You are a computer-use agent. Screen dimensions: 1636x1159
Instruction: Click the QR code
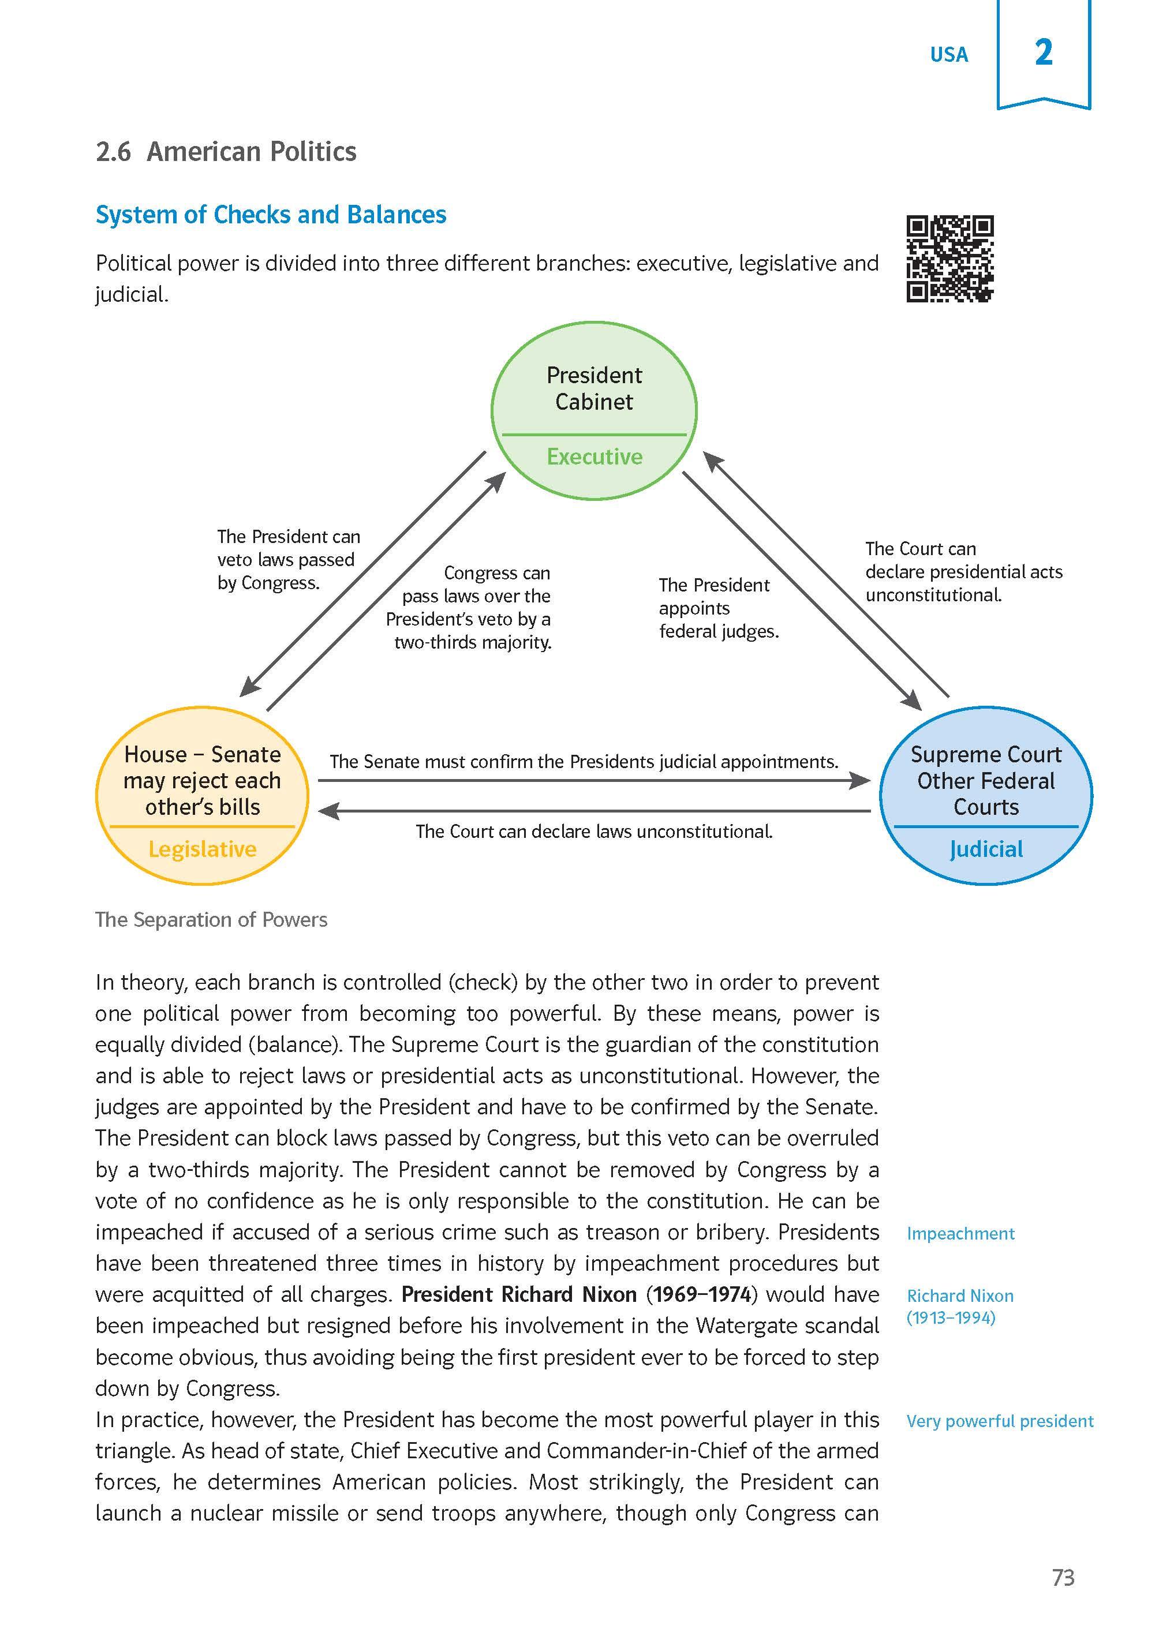pos(950,259)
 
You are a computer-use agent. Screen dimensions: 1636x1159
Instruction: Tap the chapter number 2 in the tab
pos(1044,53)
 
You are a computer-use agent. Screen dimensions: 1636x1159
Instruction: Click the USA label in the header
pos(948,55)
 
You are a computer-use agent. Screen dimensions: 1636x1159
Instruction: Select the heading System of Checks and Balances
pos(271,215)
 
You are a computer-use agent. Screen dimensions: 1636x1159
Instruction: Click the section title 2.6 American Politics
pos(226,151)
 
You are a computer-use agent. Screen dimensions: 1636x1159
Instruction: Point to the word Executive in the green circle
pos(595,456)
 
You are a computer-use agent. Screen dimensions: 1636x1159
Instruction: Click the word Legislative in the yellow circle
pos(202,849)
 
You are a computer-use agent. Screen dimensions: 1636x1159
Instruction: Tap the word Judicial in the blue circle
pos(986,849)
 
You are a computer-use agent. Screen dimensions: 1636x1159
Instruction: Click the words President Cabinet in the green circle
pos(594,388)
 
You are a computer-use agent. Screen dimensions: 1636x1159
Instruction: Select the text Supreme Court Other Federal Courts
pos(986,781)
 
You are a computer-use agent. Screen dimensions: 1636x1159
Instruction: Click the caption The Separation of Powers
pos(211,920)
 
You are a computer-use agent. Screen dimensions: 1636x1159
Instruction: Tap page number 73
pos(1063,1578)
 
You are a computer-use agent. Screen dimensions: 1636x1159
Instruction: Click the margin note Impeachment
pos(960,1234)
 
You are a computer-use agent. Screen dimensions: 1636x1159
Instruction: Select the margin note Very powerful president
pos(999,1421)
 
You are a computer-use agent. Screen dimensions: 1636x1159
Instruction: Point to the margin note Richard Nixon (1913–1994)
pos(960,1306)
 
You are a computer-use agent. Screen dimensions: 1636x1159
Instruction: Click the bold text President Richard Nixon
pos(519,1294)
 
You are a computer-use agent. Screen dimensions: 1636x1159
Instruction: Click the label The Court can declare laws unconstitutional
pos(594,831)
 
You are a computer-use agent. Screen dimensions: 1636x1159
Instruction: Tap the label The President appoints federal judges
pos(718,608)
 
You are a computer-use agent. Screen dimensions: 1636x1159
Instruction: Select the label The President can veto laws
pos(289,559)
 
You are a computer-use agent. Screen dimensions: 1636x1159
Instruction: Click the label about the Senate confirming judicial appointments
pos(583,762)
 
